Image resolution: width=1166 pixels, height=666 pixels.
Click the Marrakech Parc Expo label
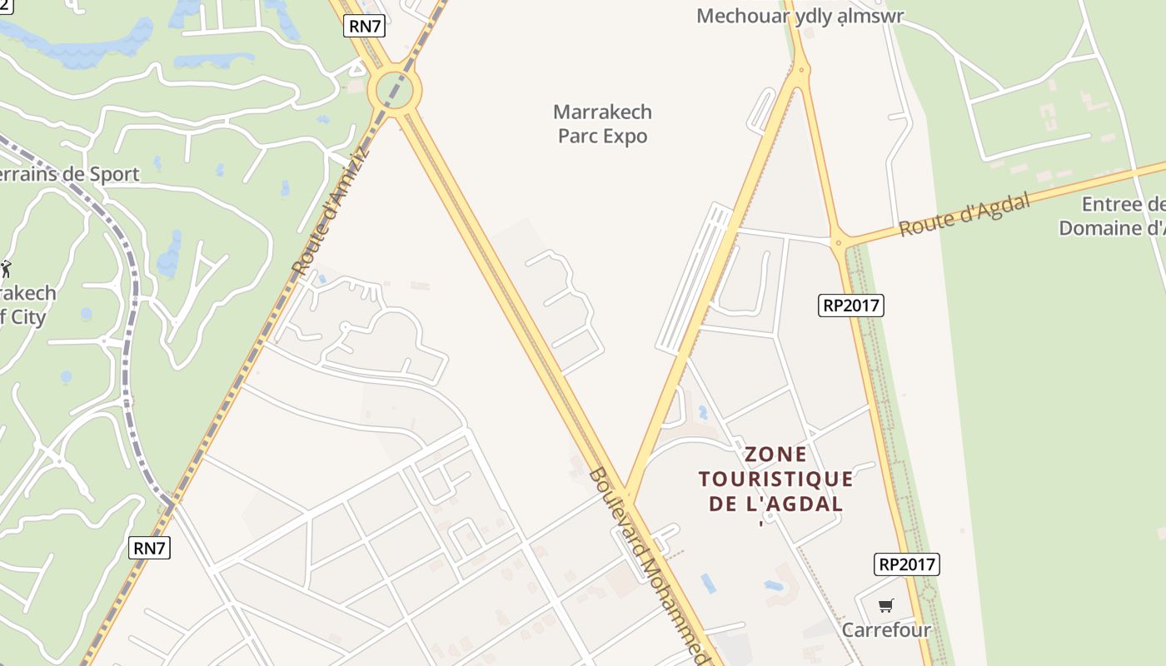coord(602,124)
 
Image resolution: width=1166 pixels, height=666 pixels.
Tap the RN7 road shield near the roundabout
coord(365,26)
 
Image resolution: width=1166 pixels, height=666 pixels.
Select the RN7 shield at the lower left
coord(151,548)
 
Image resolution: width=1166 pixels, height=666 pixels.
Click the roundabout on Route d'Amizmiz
coord(394,90)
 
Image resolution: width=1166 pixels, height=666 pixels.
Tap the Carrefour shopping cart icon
coord(885,605)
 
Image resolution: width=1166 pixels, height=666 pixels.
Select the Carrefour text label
coord(886,629)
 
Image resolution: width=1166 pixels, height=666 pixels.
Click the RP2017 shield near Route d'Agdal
coord(850,306)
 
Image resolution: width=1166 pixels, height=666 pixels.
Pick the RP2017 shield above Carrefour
coord(907,564)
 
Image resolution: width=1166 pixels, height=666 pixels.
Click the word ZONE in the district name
coord(776,455)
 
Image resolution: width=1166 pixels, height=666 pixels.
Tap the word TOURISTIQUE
coord(776,479)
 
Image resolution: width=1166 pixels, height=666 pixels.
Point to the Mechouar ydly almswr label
coord(800,16)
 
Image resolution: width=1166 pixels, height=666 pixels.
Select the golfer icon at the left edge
coord(6,268)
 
